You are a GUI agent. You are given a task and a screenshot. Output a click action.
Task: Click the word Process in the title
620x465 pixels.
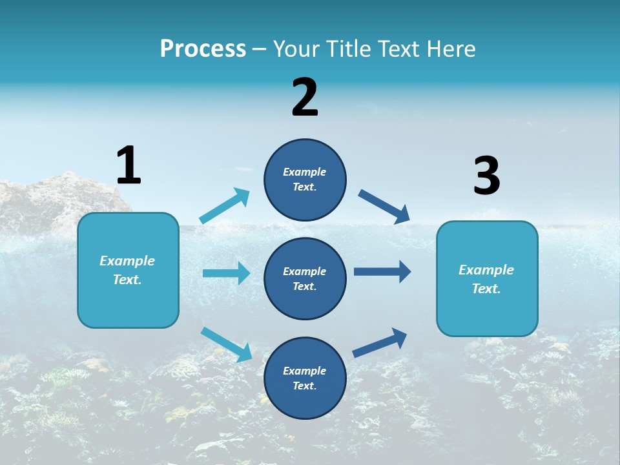[203, 49]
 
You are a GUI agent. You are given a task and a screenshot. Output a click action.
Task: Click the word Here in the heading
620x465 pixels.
[448, 49]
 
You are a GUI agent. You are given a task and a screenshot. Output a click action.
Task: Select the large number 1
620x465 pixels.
[129, 165]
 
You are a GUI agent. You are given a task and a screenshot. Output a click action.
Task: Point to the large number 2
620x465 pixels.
[305, 98]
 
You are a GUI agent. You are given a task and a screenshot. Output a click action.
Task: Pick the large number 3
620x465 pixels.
[486, 176]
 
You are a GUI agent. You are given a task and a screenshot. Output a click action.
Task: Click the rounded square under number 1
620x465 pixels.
[128, 270]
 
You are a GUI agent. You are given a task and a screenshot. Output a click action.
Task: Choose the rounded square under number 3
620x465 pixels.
[487, 278]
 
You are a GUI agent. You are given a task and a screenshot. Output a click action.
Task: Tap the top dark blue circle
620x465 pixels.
[305, 180]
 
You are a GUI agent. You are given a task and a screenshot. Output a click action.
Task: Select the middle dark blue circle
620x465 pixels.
[305, 278]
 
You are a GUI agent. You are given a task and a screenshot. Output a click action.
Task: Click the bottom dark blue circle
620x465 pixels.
[305, 378]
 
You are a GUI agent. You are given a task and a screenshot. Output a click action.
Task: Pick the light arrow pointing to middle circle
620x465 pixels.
[226, 273]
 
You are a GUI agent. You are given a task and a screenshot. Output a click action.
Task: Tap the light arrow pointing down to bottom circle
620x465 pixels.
[227, 344]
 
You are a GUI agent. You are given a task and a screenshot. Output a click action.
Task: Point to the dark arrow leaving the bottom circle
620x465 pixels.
[380, 342]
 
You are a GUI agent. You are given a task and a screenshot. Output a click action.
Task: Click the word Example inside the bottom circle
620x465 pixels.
[305, 371]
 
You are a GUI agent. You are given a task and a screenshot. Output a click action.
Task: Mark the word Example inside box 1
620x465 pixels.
[127, 261]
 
